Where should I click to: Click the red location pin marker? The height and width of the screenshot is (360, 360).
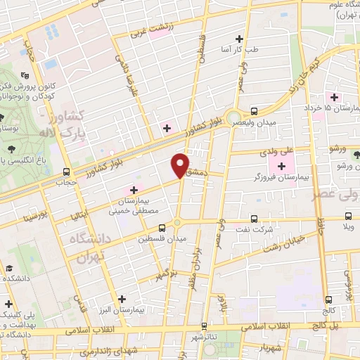[181, 166]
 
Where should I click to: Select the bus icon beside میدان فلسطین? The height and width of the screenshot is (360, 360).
[162, 228]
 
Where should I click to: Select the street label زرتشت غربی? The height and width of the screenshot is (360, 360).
[149, 32]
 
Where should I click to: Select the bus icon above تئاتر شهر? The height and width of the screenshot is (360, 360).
[204, 326]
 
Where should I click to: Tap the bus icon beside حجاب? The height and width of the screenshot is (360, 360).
[66, 172]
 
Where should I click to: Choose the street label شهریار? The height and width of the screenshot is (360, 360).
[268, 347]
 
